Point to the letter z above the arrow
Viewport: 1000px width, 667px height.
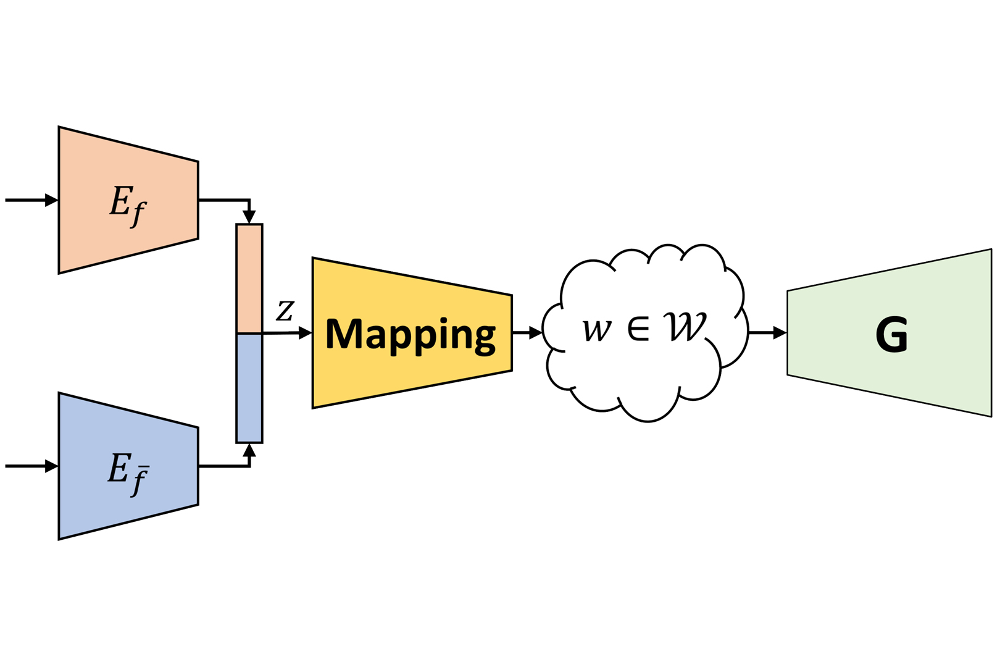285,310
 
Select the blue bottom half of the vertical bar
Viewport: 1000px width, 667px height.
249,388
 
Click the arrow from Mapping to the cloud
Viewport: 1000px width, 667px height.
527,333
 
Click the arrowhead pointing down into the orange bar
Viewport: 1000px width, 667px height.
249,217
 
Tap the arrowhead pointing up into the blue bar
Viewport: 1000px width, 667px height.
249,450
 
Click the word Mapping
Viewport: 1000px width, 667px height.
410,335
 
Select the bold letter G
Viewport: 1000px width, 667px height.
891,335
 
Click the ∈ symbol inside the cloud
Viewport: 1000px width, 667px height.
638,328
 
